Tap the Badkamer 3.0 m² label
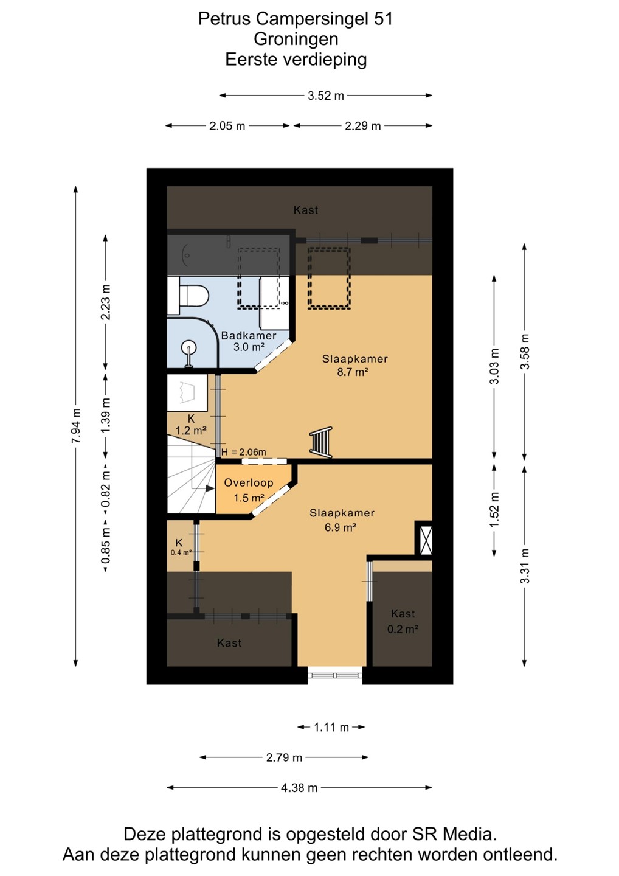(249, 341)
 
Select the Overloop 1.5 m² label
(249, 490)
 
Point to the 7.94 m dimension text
(76, 426)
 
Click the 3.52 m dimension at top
(325, 96)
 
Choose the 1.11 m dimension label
(331, 727)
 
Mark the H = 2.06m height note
(243, 452)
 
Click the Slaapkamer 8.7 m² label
(355, 365)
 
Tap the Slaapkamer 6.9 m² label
(342, 520)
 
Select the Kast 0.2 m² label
(403, 622)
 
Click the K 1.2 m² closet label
(191, 425)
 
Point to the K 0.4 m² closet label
(181, 547)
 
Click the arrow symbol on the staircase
(210, 488)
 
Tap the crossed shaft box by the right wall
(424, 538)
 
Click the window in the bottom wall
(335, 675)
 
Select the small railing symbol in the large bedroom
(321, 442)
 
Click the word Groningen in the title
(296, 39)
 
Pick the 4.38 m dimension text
(299, 788)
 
